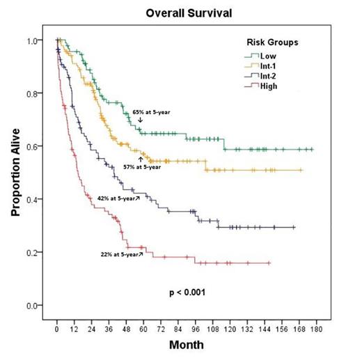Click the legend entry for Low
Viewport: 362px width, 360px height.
tap(267, 56)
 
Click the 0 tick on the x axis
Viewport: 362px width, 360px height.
tap(57, 327)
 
